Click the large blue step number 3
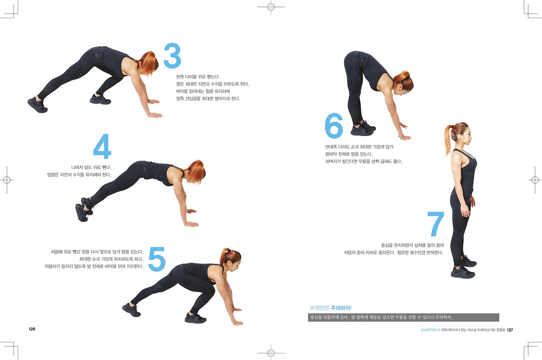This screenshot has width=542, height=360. coord(172,55)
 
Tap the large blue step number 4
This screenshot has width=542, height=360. coord(102,146)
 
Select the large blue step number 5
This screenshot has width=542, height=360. coord(157,259)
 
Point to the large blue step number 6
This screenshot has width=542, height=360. coord(334,125)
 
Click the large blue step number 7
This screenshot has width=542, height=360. coord(436,224)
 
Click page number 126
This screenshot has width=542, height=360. coord(32,329)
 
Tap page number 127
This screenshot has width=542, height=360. coord(510,330)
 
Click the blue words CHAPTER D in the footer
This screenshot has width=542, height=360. coord(431,330)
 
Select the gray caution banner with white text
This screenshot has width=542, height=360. coord(404,317)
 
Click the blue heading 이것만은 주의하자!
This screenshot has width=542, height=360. coord(331,308)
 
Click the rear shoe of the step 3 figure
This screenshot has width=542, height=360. coord(37,105)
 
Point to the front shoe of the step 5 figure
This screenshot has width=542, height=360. coord(196,318)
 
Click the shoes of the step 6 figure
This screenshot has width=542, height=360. coord(363,128)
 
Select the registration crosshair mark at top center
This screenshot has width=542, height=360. coord(271,7)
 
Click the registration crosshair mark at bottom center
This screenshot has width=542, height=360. coord(271,353)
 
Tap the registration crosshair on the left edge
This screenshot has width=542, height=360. coord(7,180)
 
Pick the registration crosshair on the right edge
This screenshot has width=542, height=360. coord(535,180)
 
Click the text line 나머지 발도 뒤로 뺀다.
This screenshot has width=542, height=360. coord(91,167)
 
